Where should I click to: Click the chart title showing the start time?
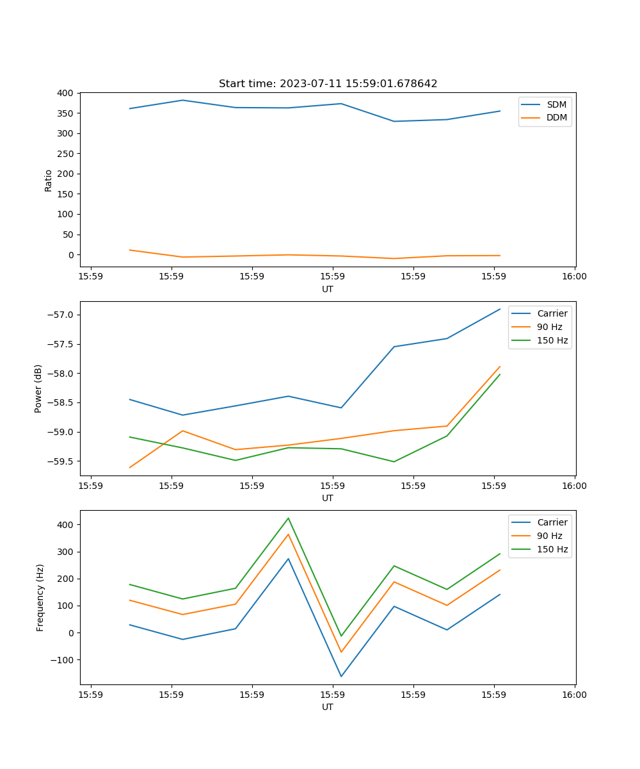pos(328,84)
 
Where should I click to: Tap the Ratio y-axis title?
pos(49,180)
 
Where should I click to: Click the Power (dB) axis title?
pos(38,388)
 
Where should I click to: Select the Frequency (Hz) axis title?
pos(40,597)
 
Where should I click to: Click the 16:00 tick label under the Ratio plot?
pos(574,277)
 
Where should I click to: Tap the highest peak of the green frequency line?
pos(288,518)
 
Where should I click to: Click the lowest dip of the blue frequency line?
pos(341,676)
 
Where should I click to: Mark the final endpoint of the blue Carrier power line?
pos(500,309)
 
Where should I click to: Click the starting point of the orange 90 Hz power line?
pos(130,468)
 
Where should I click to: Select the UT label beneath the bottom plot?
pos(328,707)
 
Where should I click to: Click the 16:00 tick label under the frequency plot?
pos(574,695)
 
